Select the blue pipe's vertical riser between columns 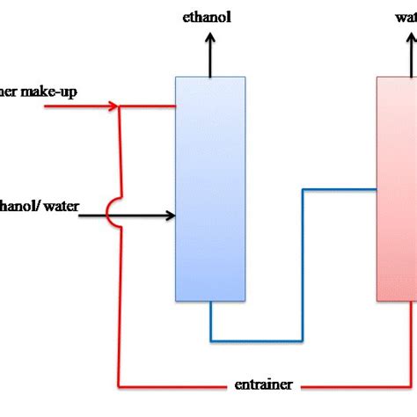click(304, 264)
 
